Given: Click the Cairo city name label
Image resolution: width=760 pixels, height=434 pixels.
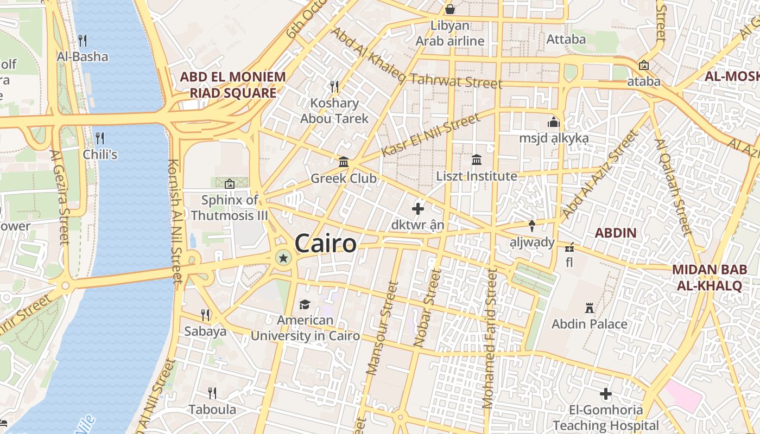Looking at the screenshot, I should (326, 244).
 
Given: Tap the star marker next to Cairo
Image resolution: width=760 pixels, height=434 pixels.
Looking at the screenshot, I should (283, 258).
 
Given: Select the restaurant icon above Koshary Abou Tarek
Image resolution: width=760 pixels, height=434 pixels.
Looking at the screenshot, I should (334, 86).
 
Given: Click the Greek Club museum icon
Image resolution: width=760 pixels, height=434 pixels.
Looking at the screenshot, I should (344, 162).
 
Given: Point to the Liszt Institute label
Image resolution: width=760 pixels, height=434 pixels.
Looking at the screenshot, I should (477, 176).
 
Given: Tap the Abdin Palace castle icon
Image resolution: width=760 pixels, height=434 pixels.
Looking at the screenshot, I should (589, 308).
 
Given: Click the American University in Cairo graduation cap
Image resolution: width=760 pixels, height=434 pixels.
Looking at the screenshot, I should (305, 304).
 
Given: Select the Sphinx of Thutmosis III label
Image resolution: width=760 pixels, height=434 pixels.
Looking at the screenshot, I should (230, 208).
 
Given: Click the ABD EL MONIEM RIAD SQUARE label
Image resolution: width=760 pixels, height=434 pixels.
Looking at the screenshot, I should (233, 85).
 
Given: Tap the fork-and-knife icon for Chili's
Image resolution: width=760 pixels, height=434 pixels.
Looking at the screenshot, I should (100, 138).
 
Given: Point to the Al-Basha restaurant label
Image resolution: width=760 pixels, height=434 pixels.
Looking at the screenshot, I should (83, 56).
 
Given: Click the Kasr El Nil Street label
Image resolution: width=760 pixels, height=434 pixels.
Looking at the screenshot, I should (430, 135).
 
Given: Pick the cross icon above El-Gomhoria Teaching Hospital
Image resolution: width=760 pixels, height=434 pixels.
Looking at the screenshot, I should (606, 394).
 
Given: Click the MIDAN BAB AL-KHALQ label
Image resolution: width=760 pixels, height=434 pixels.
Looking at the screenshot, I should (706, 277).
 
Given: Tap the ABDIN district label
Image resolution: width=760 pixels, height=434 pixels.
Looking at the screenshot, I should (615, 233).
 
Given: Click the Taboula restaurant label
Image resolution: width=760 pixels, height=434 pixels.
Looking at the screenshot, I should (212, 409).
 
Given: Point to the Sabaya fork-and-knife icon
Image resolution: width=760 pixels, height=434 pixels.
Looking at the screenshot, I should (205, 315).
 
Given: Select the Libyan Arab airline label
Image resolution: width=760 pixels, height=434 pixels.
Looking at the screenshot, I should (450, 33).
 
